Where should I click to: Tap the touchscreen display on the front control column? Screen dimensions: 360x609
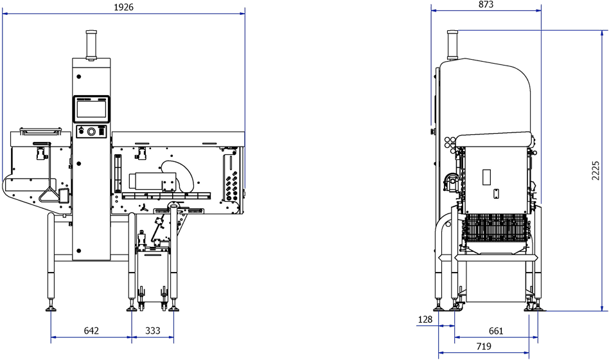[x=92, y=107]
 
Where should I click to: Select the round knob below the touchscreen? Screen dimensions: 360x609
[x=92, y=131]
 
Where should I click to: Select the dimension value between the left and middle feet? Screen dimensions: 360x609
[x=91, y=330]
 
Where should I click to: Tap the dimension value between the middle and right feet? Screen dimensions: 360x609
[x=152, y=330]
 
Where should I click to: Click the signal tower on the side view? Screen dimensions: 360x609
[x=452, y=44]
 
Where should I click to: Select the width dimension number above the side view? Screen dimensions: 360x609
[x=485, y=4]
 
